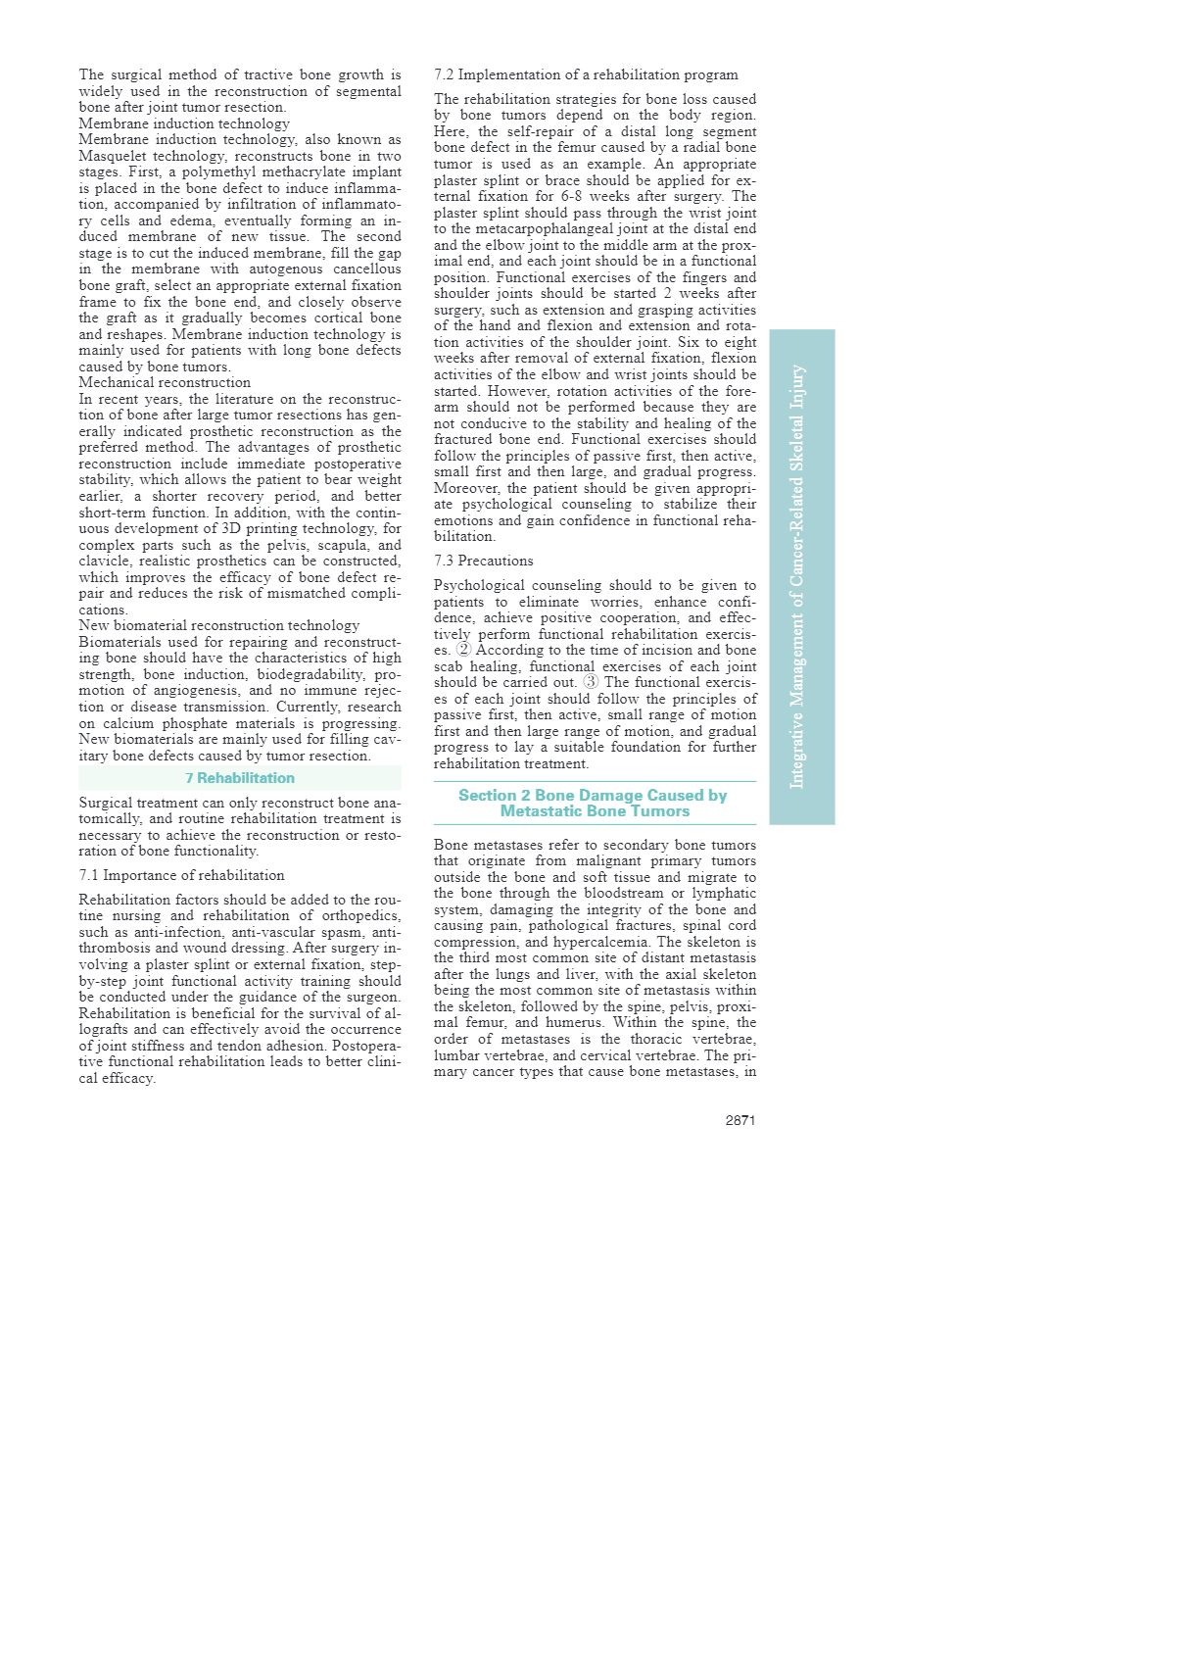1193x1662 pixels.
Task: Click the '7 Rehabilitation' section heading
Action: [x=240, y=778]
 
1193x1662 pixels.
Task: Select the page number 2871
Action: [x=740, y=1120]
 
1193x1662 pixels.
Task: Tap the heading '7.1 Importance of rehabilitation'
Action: [x=181, y=875]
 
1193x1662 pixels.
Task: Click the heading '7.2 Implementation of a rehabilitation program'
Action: [x=586, y=74]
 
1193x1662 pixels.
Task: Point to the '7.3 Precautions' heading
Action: [x=484, y=561]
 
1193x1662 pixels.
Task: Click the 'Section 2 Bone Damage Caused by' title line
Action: [x=593, y=795]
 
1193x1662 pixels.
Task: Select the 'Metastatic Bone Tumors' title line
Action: [x=595, y=810]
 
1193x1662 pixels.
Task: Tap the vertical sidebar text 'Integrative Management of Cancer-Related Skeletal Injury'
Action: [x=798, y=576]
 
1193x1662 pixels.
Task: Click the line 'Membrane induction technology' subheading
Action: [x=184, y=123]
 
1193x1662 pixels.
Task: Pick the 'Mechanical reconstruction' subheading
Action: [x=165, y=382]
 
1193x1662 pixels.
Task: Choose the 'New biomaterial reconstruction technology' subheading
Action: [x=219, y=625]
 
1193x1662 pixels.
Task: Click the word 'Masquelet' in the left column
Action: [x=113, y=156]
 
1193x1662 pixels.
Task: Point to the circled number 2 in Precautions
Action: [x=463, y=650]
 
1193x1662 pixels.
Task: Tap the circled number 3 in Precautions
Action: [x=591, y=682]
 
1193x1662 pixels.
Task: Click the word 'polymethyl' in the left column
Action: [x=217, y=172]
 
